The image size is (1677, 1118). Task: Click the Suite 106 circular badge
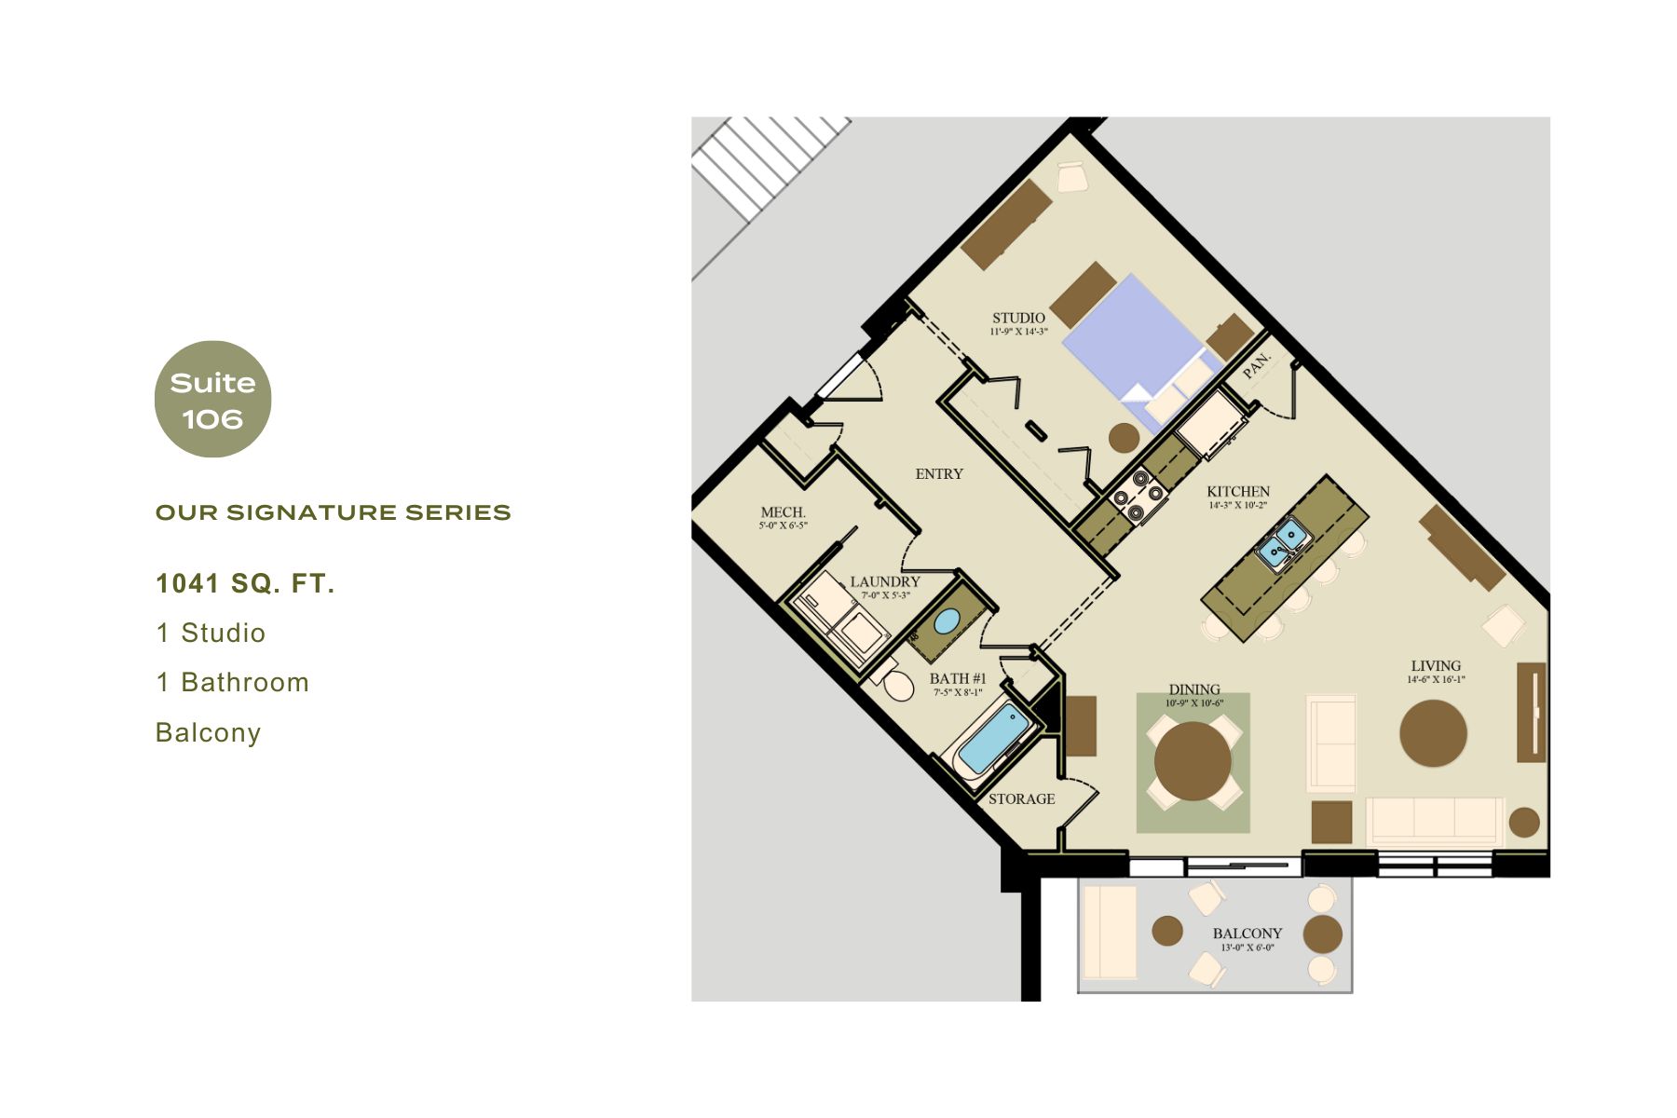[212, 400]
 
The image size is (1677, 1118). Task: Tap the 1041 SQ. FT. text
[245, 584]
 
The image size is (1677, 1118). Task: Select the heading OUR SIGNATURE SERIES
[333, 512]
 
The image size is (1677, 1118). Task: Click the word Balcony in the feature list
[208, 732]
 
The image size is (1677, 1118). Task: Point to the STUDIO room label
[1018, 319]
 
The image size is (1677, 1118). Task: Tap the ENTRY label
[939, 474]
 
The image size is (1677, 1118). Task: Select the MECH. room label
[783, 512]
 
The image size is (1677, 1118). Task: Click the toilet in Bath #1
[896, 684]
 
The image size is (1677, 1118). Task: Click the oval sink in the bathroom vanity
[947, 620]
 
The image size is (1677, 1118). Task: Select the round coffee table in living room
[1433, 733]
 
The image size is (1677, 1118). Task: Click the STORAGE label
[1021, 799]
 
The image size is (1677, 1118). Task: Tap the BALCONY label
[1247, 934]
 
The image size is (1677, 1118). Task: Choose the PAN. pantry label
[1257, 364]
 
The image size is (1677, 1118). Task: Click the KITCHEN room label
[1238, 492]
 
